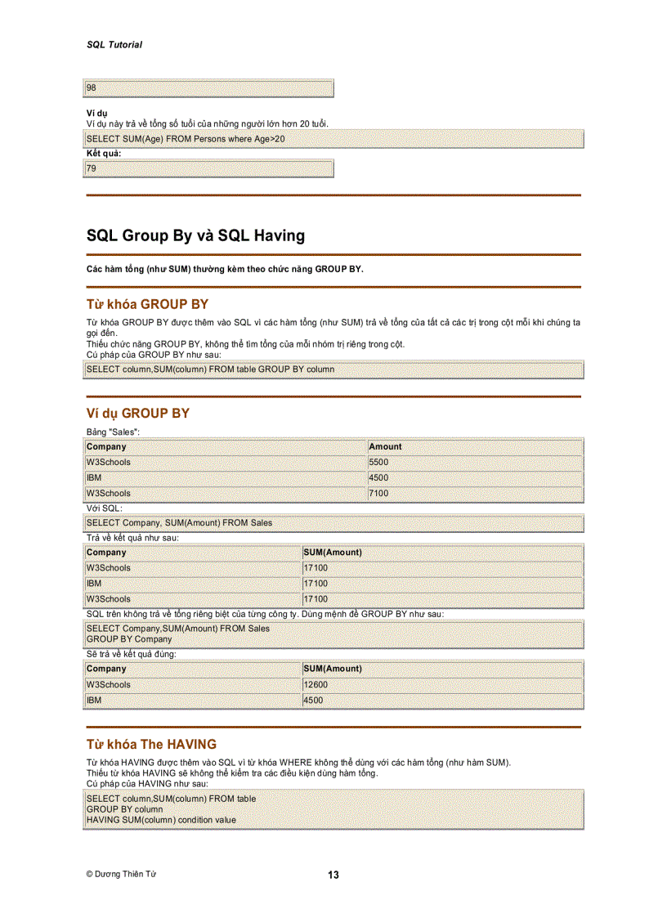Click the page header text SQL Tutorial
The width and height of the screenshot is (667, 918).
(114, 45)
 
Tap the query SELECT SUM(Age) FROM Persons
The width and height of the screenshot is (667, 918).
(186, 139)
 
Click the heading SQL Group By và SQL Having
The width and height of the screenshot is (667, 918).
(195, 236)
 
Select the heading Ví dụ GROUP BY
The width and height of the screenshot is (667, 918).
(137, 414)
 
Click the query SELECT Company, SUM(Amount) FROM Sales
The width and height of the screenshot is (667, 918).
(179, 522)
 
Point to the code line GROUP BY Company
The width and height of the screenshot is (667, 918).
(129, 639)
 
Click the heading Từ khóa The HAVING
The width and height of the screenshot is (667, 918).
(151, 745)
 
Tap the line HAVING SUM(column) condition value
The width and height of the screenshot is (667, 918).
(161, 820)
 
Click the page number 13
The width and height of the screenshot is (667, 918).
(333, 875)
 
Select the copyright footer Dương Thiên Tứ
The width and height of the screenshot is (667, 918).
(121, 874)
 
